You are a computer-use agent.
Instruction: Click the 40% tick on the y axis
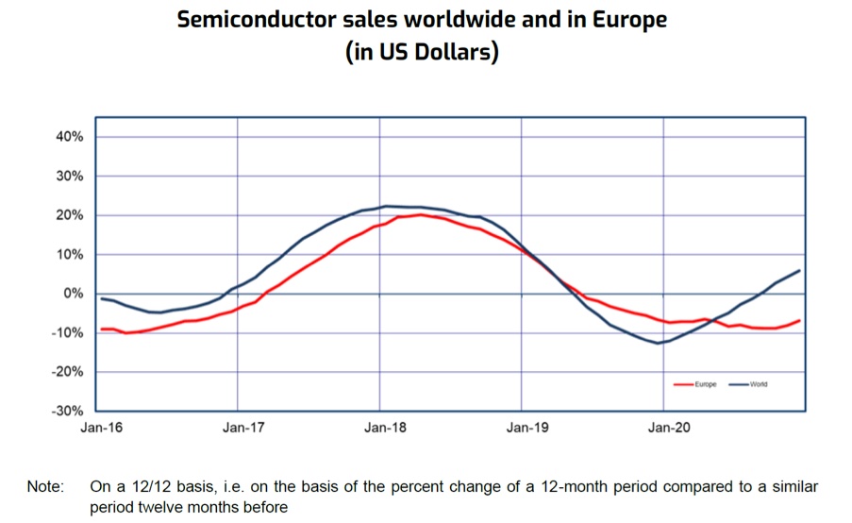click(x=69, y=137)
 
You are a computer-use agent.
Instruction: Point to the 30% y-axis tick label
click(x=69, y=177)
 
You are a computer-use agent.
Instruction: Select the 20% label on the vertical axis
click(x=69, y=215)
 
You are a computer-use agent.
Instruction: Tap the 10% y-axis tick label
click(x=69, y=255)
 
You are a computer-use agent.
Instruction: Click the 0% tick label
click(x=73, y=294)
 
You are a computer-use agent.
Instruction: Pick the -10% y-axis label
click(x=67, y=333)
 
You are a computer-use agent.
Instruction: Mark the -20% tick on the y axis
click(x=67, y=372)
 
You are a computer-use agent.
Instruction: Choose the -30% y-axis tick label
click(x=67, y=412)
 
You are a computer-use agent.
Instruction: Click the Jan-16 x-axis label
click(x=101, y=428)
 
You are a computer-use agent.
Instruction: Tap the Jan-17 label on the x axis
click(x=242, y=428)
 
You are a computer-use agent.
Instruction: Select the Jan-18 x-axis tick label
click(x=384, y=428)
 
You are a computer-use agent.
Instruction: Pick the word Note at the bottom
click(x=44, y=488)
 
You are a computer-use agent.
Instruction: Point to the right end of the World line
click(x=800, y=270)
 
